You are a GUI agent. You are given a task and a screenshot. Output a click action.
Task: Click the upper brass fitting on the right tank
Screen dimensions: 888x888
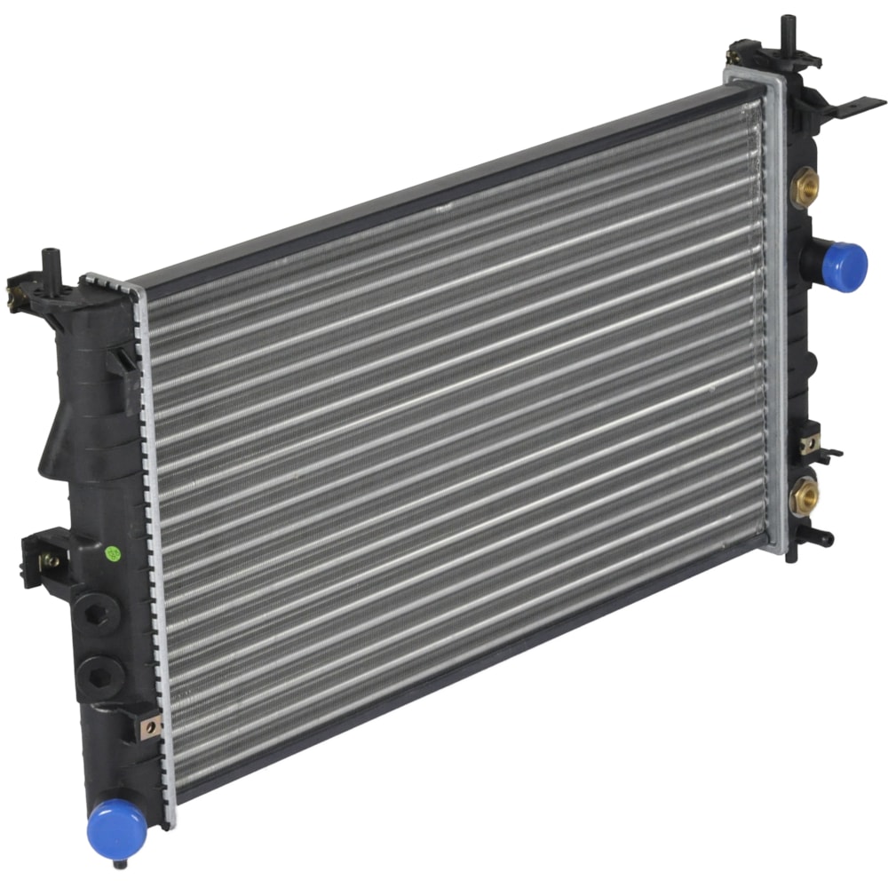point(805,186)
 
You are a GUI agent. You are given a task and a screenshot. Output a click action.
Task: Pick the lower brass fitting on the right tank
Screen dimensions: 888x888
point(805,496)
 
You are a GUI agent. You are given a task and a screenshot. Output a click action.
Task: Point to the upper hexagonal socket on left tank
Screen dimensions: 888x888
point(95,612)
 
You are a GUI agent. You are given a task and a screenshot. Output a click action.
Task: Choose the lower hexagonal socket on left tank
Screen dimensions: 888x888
point(98,674)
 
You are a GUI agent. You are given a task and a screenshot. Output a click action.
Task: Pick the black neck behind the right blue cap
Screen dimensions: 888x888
point(813,258)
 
